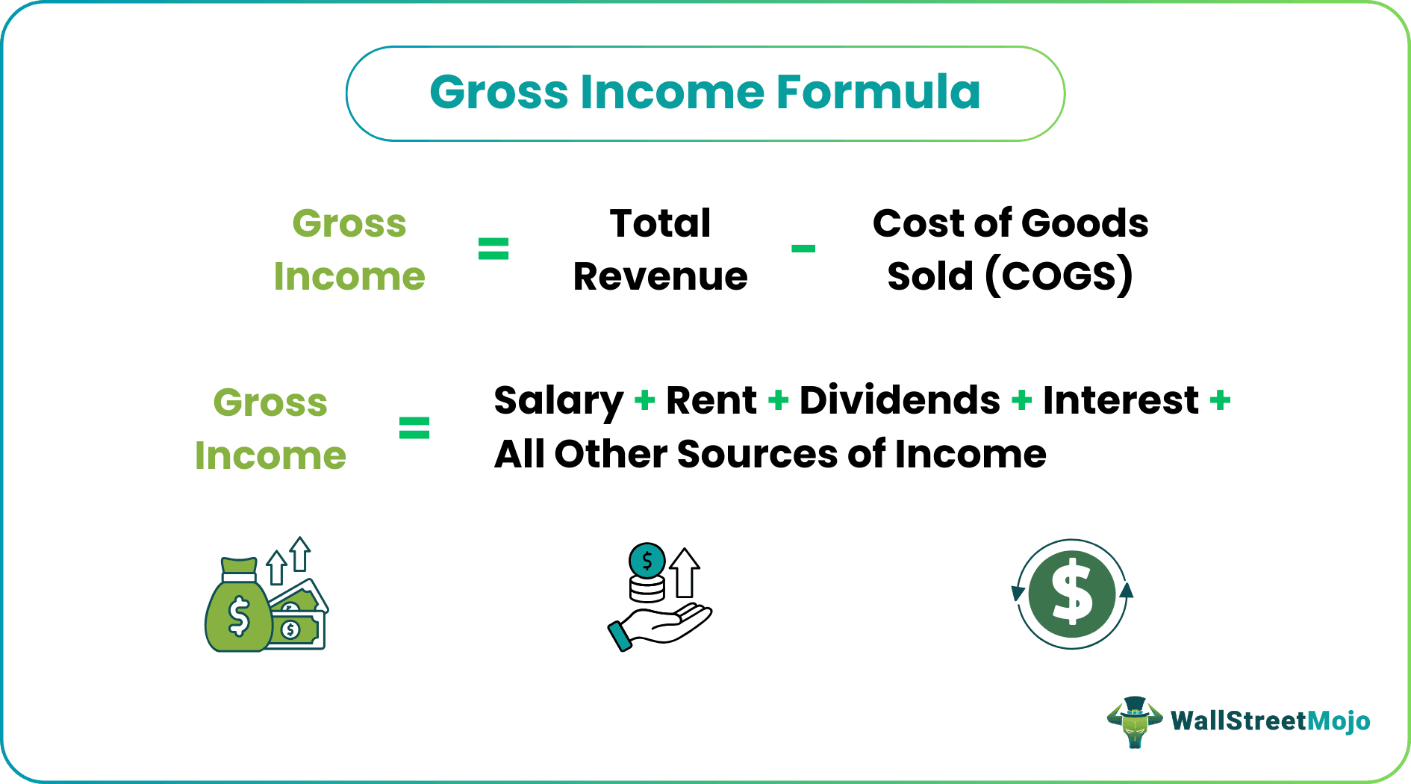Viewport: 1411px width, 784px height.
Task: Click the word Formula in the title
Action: (x=878, y=93)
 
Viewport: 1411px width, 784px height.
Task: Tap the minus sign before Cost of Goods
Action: (x=803, y=249)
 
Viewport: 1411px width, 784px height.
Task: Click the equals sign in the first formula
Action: (x=493, y=249)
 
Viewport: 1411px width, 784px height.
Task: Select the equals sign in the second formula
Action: (x=414, y=428)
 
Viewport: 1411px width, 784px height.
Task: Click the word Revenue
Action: (x=660, y=276)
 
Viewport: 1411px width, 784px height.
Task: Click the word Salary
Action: (x=558, y=402)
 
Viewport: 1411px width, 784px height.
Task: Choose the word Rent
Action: (x=711, y=400)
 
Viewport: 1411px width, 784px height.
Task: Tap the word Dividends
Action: (x=900, y=400)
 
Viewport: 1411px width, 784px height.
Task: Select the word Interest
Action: (x=1121, y=400)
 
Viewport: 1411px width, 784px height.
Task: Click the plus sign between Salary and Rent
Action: (x=645, y=401)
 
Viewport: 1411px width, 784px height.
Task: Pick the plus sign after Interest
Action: (x=1221, y=401)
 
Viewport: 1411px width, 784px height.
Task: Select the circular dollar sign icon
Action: (x=1072, y=594)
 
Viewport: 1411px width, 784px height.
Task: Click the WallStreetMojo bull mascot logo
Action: (x=1134, y=721)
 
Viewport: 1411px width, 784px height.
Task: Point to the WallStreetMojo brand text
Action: (x=1270, y=721)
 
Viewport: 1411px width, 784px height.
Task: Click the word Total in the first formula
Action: (x=660, y=223)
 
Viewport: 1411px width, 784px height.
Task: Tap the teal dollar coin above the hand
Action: (x=647, y=560)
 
